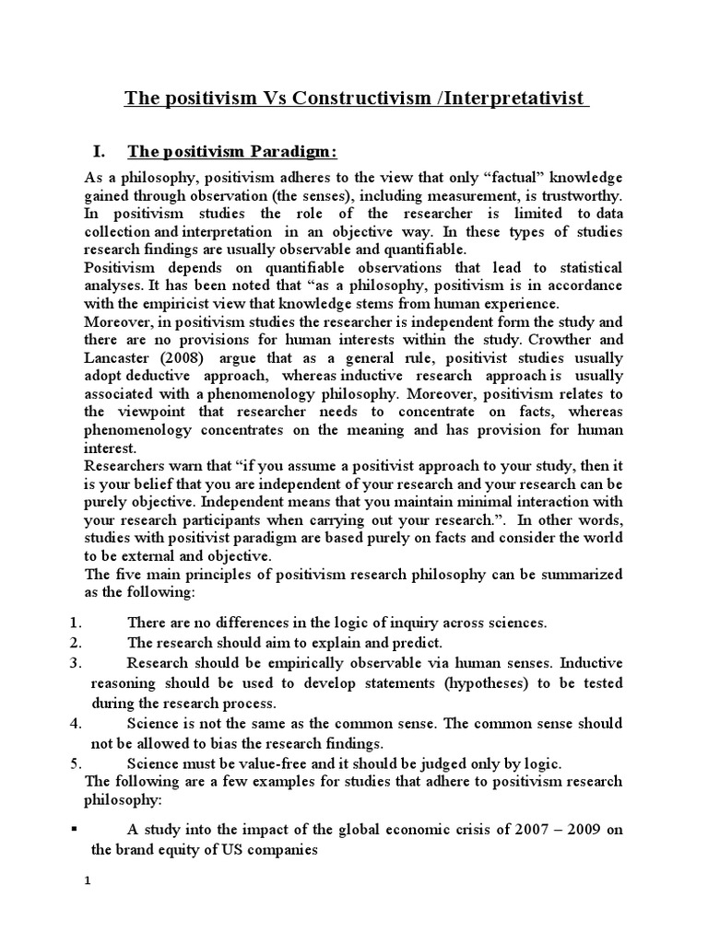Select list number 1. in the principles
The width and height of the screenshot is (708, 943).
coord(77,623)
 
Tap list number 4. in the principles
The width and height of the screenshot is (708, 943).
coord(77,723)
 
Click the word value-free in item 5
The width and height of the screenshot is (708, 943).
coord(252,764)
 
